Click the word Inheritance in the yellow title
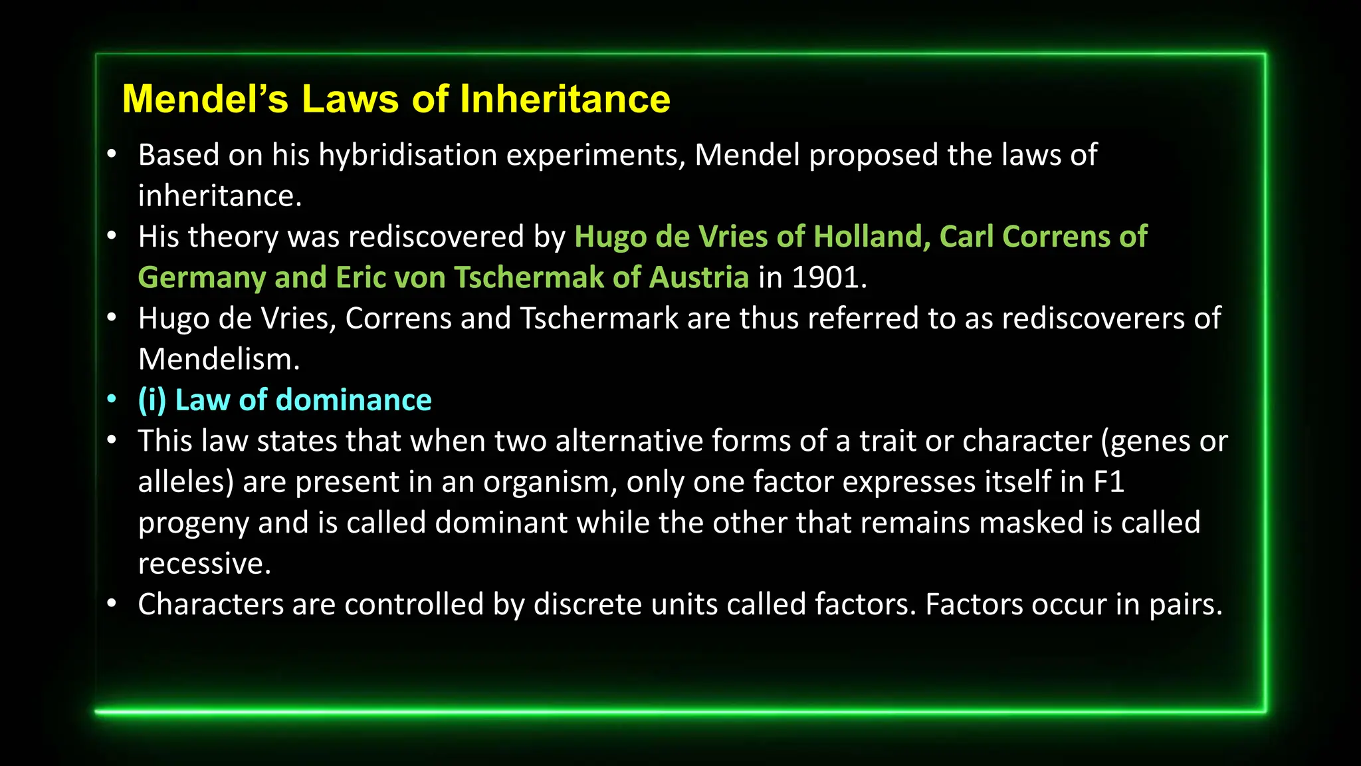(x=565, y=99)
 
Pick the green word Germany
(x=201, y=278)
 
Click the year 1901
(x=828, y=278)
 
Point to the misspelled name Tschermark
(x=599, y=319)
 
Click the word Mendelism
(x=218, y=360)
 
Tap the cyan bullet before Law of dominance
(x=112, y=400)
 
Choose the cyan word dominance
(x=354, y=400)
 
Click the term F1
(x=1108, y=482)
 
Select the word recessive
(x=204, y=564)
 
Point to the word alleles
(x=185, y=482)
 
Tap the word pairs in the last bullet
(x=1186, y=605)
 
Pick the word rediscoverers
(x=1093, y=319)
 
